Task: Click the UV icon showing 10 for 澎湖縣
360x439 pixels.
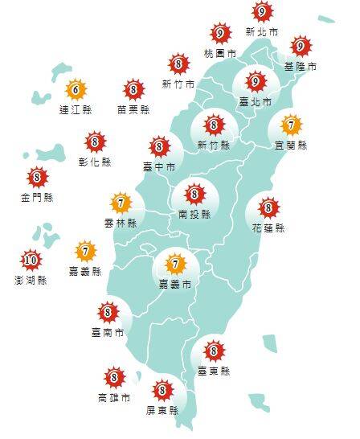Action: click(x=31, y=259)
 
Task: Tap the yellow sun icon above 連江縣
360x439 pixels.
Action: click(x=76, y=89)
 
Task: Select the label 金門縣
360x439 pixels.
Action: click(x=37, y=197)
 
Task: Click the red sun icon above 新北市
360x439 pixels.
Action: click(x=261, y=12)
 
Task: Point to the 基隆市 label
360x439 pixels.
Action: click(x=301, y=65)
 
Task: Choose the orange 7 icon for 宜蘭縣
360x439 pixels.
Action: click(x=291, y=125)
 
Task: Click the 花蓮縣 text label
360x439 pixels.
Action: click(x=268, y=228)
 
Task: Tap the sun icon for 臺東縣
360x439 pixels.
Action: click(x=213, y=351)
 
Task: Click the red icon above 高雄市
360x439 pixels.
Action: click(x=113, y=376)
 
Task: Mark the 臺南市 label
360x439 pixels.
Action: click(x=108, y=331)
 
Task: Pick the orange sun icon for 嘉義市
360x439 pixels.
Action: click(x=174, y=262)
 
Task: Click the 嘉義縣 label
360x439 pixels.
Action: click(x=86, y=272)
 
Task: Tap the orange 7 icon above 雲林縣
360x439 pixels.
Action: click(x=121, y=202)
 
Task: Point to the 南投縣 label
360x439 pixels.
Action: click(x=194, y=215)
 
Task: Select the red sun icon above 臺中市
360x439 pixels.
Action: click(x=158, y=147)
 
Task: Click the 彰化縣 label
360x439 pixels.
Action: click(x=96, y=162)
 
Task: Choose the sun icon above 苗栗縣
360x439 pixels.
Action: click(x=134, y=89)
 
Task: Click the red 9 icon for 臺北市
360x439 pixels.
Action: click(x=256, y=81)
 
